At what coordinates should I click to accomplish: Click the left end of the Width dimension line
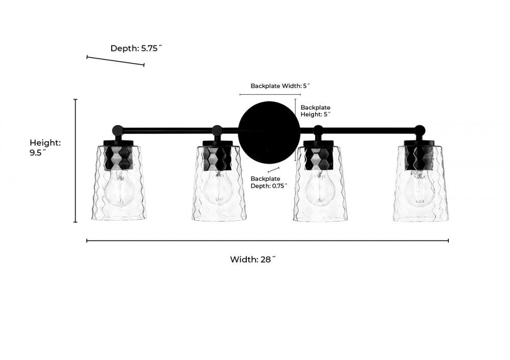[87, 241]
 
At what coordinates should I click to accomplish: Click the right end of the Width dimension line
[448, 241]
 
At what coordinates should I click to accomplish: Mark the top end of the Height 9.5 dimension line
[75, 99]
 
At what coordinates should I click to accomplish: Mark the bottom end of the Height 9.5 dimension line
[75, 222]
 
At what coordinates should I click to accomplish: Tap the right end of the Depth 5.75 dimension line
[144, 65]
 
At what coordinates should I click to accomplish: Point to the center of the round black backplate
[269, 132]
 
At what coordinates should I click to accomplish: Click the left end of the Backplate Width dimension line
[240, 95]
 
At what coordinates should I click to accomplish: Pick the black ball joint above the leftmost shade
[117, 131]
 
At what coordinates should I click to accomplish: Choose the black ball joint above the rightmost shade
[420, 131]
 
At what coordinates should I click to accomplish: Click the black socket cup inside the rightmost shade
[419, 158]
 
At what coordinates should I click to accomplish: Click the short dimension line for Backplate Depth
[273, 170]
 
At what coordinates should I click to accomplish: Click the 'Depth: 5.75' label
[136, 48]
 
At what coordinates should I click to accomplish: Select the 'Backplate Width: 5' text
[280, 86]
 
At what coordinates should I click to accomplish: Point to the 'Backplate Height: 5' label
[316, 111]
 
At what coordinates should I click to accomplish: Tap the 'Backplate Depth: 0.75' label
[269, 183]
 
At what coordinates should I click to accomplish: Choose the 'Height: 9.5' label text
[45, 148]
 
